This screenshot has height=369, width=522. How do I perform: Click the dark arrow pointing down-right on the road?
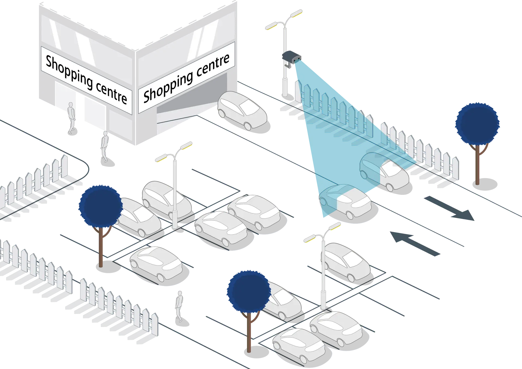(x=449, y=208)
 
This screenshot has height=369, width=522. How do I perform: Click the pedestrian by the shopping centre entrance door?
(x=72, y=118)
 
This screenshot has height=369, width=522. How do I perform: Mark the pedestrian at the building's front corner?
(x=105, y=147)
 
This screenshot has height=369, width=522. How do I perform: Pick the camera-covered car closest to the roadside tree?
(x=384, y=171)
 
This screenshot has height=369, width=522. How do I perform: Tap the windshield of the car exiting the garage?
(x=249, y=107)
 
